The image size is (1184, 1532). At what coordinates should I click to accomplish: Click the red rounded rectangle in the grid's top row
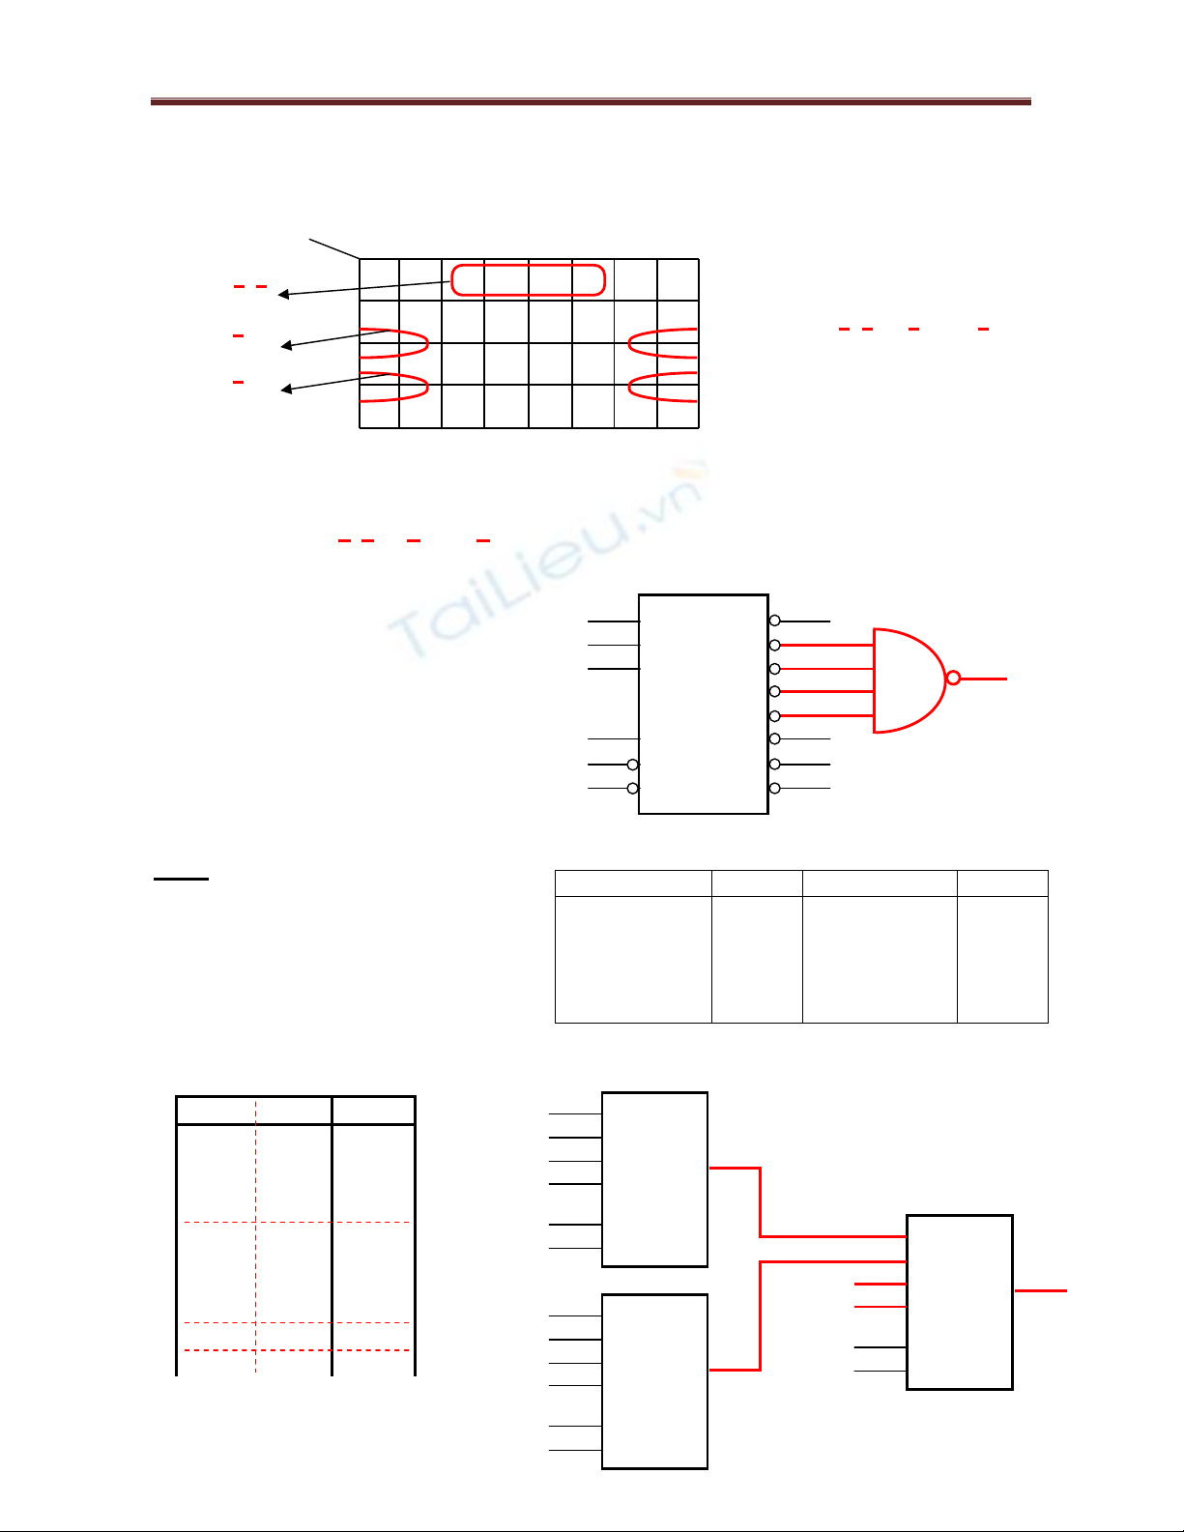528,265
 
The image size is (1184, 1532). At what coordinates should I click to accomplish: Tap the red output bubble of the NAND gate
953,679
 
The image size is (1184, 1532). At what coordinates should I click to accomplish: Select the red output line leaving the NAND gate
984,679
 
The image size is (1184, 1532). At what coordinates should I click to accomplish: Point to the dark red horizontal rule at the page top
591,101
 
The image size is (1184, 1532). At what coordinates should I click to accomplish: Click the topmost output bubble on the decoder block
774,621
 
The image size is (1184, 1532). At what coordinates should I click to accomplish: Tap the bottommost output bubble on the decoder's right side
774,788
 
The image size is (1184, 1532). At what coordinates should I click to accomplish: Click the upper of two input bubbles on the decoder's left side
633,765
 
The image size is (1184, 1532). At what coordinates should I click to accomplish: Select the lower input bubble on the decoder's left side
633,788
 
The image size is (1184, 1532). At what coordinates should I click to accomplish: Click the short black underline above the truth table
181,880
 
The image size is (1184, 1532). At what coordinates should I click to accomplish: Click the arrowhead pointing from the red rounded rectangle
283,294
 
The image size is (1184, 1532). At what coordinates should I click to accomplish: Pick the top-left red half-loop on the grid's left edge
428,344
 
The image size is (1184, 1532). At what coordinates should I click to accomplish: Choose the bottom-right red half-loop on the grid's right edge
629,387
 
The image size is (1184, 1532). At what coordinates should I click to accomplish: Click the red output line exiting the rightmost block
1040,1291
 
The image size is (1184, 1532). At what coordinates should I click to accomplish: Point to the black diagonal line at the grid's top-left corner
334,248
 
